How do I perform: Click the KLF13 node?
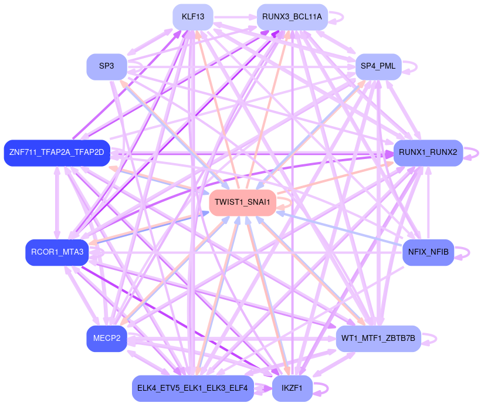[x=193, y=17]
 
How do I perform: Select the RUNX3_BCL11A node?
[x=292, y=17]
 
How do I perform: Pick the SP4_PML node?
[x=378, y=66]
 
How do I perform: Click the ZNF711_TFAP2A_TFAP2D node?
[x=57, y=153]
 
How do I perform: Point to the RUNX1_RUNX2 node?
[x=428, y=153]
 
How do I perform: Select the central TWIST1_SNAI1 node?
[x=242, y=202]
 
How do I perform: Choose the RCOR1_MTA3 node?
[x=57, y=252]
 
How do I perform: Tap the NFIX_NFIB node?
[x=428, y=252]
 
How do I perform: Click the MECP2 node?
[x=107, y=339]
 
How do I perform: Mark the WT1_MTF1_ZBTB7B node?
[x=378, y=339]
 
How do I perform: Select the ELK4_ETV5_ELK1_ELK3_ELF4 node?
[x=192, y=388]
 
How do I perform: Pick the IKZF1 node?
[x=292, y=388]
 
